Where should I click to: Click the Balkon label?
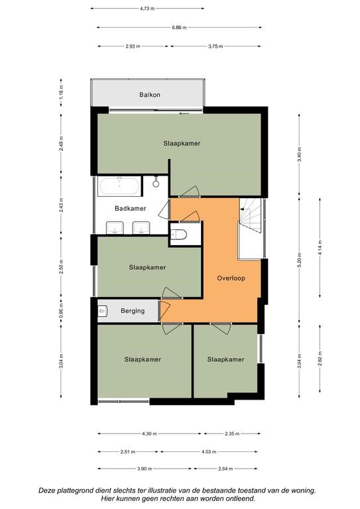click(150, 95)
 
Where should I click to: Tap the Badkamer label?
click(131, 208)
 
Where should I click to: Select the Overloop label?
click(231, 278)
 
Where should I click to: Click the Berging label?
click(133, 311)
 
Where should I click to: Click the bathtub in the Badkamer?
click(119, 186)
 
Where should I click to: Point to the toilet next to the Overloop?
click(179, 235)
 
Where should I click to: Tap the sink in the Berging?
click(103, 311)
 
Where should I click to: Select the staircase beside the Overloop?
click(251, 215)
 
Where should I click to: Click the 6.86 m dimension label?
click(179, 28)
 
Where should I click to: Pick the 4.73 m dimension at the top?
click(147, 9)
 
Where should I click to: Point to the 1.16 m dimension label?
click(62, 92)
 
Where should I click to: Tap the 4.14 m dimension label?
click(320, 247)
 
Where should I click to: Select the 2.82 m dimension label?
click(320, 359)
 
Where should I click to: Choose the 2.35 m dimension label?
click(232, 433)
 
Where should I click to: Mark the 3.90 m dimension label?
click(145, 469)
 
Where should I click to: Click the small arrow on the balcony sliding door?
click(184, 113)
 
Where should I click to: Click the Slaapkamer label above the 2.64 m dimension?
click(225, 359)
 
